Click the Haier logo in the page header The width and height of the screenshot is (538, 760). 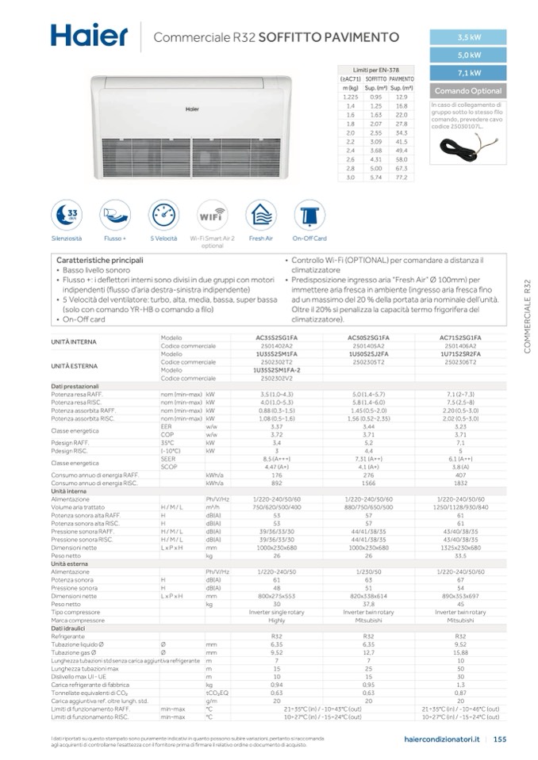pos(88,35)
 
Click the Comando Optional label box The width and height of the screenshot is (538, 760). pos(468,91)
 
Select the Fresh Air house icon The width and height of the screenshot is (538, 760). pos(260,214)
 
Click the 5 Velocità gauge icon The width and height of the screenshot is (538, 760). pos(163,214)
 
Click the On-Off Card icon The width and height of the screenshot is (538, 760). pos(309,214)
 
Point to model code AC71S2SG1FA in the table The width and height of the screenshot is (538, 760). pos(461,338)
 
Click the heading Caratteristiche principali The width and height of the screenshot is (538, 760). pos(100,260)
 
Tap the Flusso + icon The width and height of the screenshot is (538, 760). pos(114,214)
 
